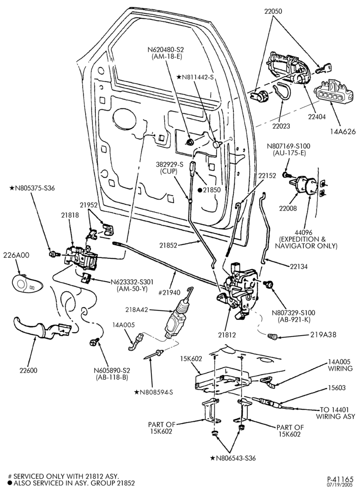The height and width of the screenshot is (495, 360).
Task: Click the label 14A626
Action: click(343, 132)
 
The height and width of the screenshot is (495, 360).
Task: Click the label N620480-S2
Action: click(166, 50)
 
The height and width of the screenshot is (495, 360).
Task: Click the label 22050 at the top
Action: click(273, 11)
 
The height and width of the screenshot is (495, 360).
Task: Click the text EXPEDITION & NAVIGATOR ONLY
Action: click(306, 243)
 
